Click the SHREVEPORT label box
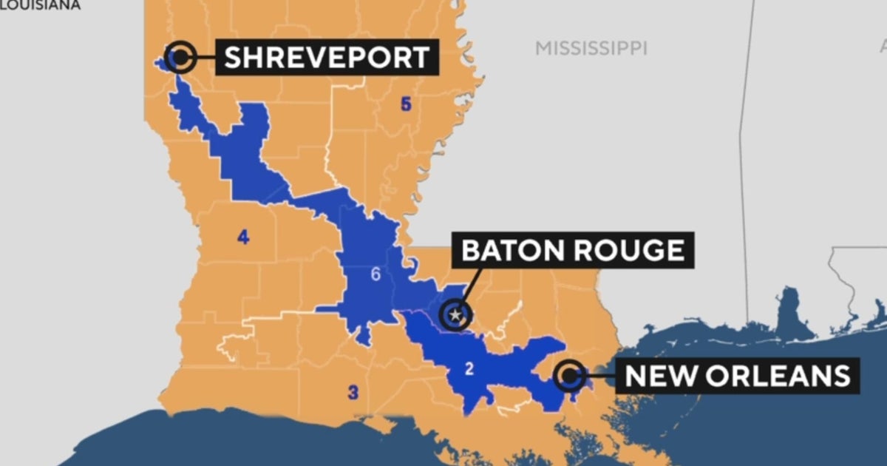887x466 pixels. click(x=327, y=57)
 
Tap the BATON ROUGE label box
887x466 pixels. click(x=573, y=250)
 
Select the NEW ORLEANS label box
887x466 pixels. click(x=737, y=376)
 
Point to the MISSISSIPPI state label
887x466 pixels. click(x=591, y=49)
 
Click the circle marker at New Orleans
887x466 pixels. click(x=568, y=375)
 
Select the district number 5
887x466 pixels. click(x=405, y=104)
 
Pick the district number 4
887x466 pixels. click(x=243, y=237)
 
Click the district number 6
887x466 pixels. click(x=375, y=275)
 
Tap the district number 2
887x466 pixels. click(x=469, y=369)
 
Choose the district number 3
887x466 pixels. click(x=353, y=393)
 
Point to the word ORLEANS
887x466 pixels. click(x=776, y=376)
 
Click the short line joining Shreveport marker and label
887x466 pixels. click(x=205, y=56)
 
